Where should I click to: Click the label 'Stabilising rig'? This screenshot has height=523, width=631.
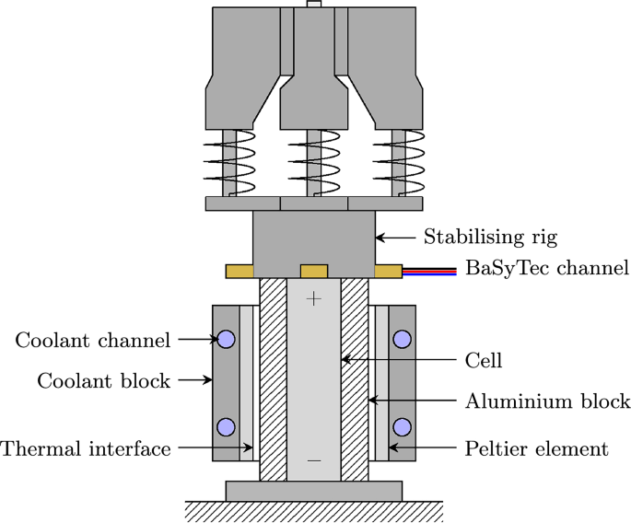coord(490,238)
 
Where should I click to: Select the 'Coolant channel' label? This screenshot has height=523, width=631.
coord(93,340)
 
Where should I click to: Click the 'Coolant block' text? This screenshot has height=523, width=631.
coord(103,380)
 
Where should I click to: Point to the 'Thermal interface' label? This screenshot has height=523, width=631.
coord(86,449)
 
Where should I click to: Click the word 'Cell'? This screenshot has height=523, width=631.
coord(484,361)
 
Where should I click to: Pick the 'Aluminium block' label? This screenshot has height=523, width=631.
coord(545,401)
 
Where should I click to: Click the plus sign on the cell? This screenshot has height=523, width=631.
coord(314,298)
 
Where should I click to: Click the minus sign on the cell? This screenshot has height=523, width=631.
coord(314,459)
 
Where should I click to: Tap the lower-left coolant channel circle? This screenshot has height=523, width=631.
coord(226,426)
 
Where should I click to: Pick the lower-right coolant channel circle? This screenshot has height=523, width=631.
coord(402,426)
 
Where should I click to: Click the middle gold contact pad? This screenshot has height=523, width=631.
coord(314,271)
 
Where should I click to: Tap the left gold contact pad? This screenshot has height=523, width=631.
coord(240,271)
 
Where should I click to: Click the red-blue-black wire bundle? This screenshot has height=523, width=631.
coord(430,271)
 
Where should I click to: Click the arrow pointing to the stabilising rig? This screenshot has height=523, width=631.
coord(396,238)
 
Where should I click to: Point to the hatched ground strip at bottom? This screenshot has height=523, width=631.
coord(314,511)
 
